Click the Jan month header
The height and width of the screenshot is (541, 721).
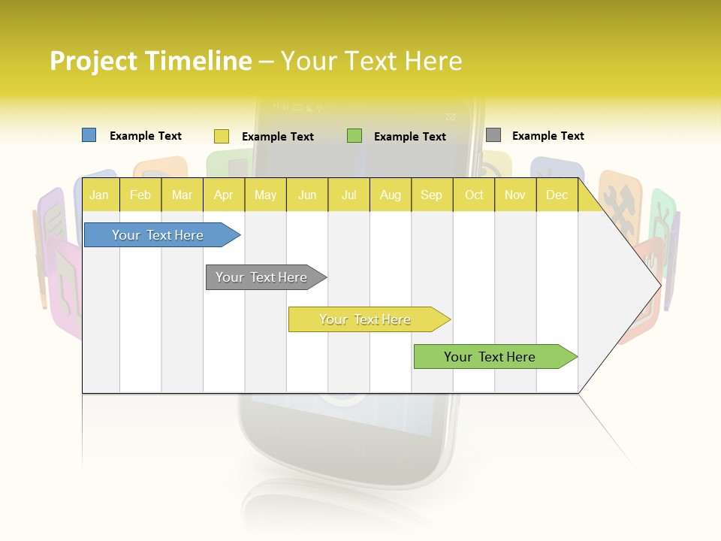coord(99,195)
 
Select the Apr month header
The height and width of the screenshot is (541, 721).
coord(223,195)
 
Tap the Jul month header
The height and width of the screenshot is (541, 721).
coord(348,195)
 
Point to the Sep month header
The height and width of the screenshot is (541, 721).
coord(431,195)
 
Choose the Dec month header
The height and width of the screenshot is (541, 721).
coord(557,195)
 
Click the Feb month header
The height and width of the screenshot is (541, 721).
coord(140,195)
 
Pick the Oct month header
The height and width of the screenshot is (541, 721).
coord(474,195)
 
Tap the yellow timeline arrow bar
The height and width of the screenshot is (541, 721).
coord(366,319)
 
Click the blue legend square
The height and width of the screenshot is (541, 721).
coord(89,135)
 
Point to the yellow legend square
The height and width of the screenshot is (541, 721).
coord(221,136)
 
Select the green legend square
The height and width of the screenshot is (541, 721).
coord(354,135)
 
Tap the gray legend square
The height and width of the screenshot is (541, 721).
coord(493,135)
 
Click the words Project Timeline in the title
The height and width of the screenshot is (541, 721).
coord(150,61)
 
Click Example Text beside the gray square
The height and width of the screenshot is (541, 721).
coord(548,136)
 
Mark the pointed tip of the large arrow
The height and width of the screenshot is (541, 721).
coord(659,285)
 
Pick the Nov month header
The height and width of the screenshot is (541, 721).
coord(515,195)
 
